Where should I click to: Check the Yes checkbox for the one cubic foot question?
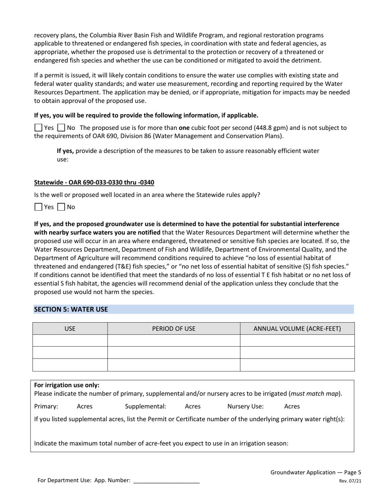click(38, 128)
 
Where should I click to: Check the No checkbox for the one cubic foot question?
click(61, 128)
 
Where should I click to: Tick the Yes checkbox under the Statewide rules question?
click(38, 207)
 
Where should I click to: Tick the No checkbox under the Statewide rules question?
click(61, 207)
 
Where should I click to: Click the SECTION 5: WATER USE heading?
click(71, 309)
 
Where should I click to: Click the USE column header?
click(70, 329)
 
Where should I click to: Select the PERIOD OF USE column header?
click(174, 329)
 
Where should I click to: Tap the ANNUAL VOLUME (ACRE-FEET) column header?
click(297, 329)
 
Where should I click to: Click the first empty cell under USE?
click(70, 341)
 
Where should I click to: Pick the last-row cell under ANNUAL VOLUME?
click(297, 365)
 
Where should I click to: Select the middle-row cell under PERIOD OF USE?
click(174, 353)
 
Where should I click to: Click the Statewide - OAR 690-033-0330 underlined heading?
click(94, 182)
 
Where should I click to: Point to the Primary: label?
click(46, 406)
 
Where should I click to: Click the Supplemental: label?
click(145, 406)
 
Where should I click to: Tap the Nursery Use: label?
click(245, 406)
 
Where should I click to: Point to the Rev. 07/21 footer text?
click(350, 481)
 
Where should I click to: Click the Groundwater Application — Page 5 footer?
click(316, 472)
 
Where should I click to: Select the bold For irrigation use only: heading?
click(67, 385)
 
